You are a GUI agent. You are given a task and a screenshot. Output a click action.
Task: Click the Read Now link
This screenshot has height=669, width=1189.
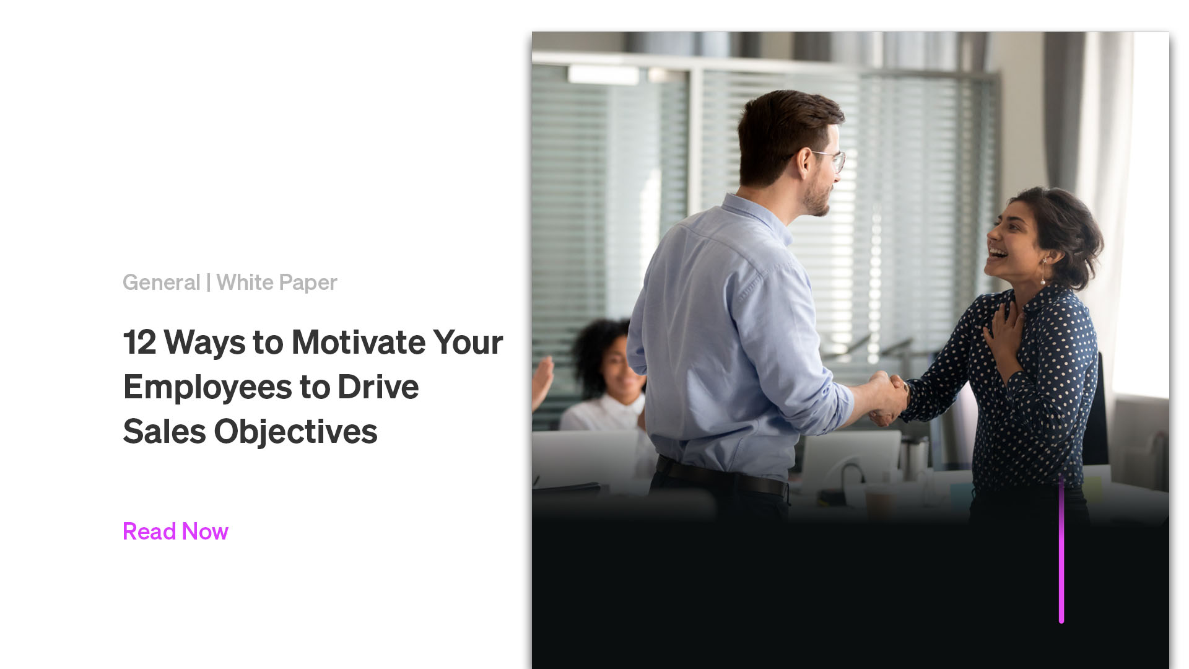[x=175, y=531]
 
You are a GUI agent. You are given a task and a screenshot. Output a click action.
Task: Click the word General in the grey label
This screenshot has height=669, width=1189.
[x=161, y=282]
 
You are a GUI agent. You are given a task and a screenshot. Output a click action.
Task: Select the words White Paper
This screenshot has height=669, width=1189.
[x=276, y=282]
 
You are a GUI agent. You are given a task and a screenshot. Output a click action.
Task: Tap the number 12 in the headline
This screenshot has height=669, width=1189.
[x=139, y=342]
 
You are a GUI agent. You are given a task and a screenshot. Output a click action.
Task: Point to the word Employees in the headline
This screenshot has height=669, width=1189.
[x=207, y=388]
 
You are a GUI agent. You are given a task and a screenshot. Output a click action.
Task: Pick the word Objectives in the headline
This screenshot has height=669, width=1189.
[x=295, y=432]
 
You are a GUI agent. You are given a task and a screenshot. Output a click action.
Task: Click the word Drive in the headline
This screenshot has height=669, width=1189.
[x=378, y=387]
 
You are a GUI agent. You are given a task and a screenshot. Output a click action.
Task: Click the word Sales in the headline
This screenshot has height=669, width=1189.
[x=164, y=432]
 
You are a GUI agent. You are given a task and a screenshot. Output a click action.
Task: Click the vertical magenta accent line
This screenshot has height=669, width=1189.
[x=1061, y=551]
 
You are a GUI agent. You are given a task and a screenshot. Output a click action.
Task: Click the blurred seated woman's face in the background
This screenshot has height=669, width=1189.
[x=614, y=364]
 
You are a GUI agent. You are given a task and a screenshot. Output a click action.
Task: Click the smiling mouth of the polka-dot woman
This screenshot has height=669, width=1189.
[x=997, y=253]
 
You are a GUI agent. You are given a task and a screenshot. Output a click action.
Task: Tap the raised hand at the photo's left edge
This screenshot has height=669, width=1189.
[x=542, y=379]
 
